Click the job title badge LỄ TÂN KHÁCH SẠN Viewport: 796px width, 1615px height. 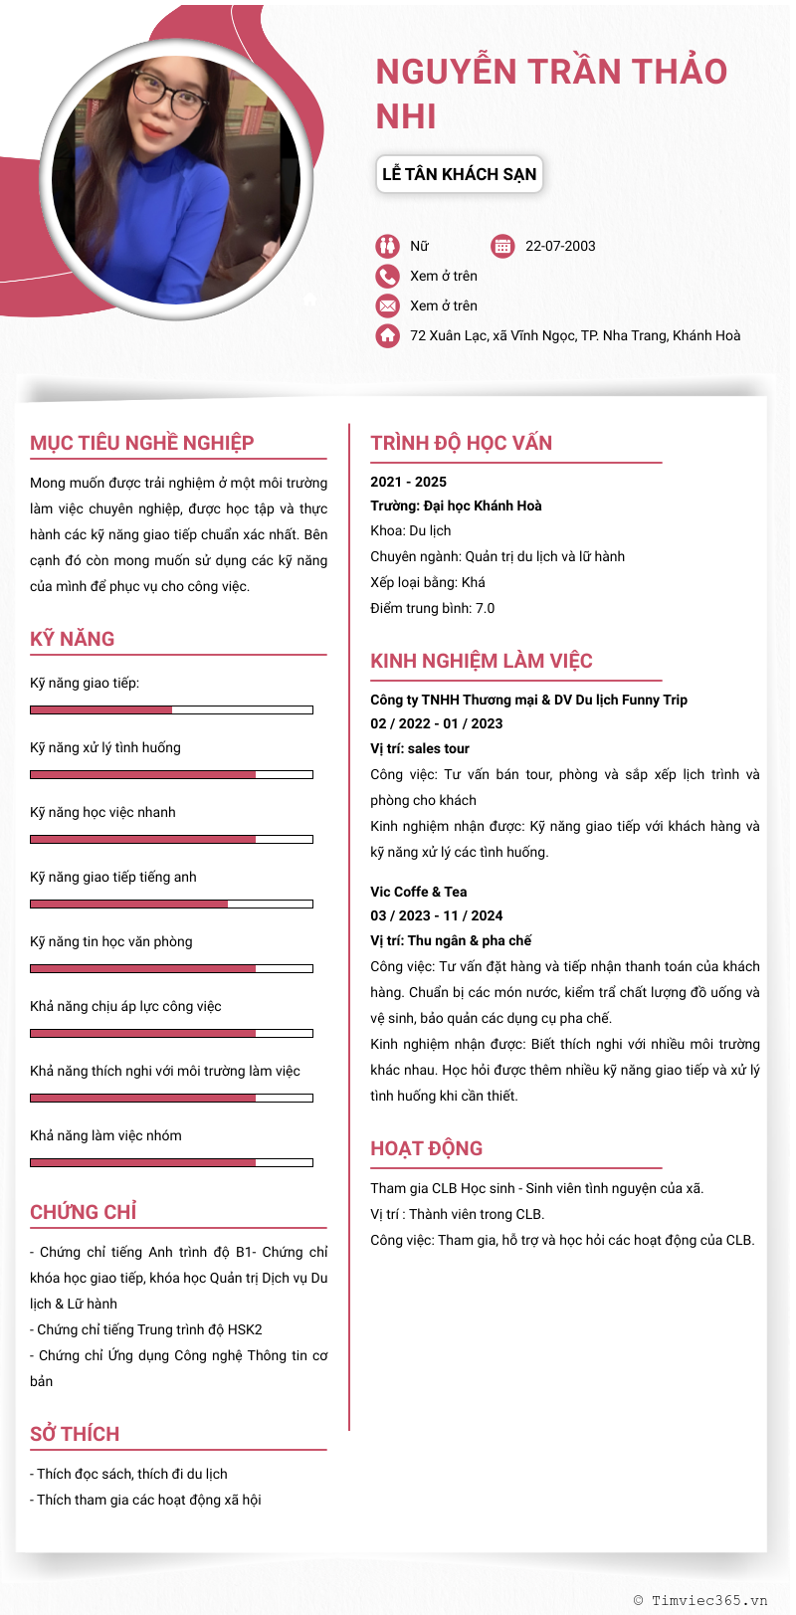coord(459,174)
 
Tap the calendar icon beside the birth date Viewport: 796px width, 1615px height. coord(502,246)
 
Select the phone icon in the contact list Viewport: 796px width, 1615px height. coord(387,276)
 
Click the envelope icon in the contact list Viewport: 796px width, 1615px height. coord(387,305)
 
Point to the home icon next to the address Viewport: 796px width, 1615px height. coord(387,335)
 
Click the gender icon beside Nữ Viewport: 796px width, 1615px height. coord(387,246)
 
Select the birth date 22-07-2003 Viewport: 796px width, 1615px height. coord(560,246)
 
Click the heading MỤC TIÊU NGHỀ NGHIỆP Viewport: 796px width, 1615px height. coord(142,443)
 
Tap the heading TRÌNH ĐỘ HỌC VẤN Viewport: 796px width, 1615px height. coord(461,443)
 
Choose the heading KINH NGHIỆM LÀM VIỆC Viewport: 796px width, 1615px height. coord(482,661)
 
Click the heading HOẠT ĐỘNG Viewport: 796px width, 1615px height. coord(426,1148)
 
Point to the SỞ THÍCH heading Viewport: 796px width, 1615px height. coord(75,1434)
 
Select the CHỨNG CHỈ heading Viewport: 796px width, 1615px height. coord(84,1212)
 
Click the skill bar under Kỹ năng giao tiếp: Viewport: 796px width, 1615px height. coord(171,709)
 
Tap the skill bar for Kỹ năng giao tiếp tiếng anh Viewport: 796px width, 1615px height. coord(171,904)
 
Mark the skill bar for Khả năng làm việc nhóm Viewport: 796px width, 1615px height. coord(171,1162)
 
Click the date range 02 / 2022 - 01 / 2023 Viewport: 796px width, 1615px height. coord(437,723)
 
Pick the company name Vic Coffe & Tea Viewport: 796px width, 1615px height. coord(419,892)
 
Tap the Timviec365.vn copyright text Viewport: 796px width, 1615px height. coord(700,1600)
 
